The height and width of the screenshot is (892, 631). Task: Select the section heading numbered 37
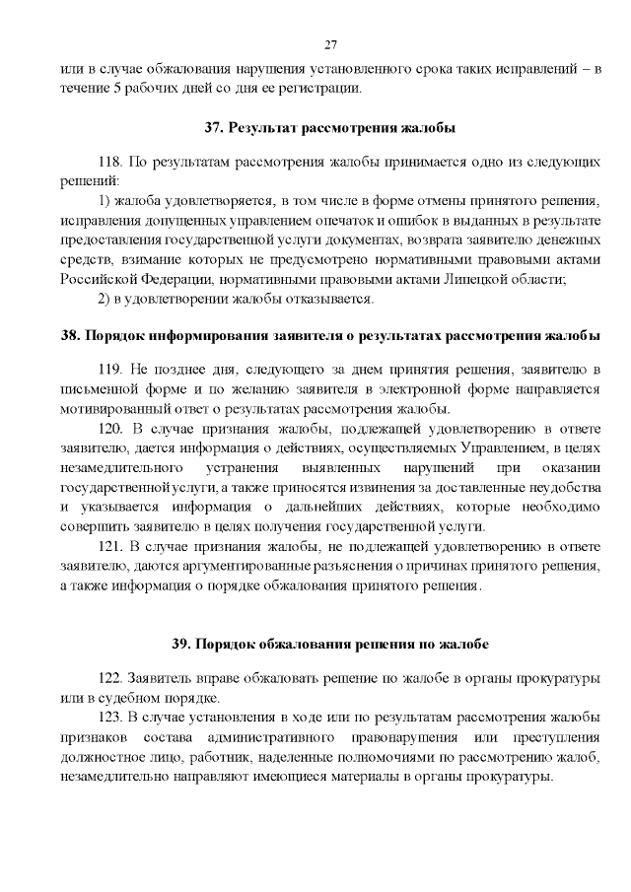tap(330, 128)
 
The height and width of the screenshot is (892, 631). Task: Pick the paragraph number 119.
tap(113, 368)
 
